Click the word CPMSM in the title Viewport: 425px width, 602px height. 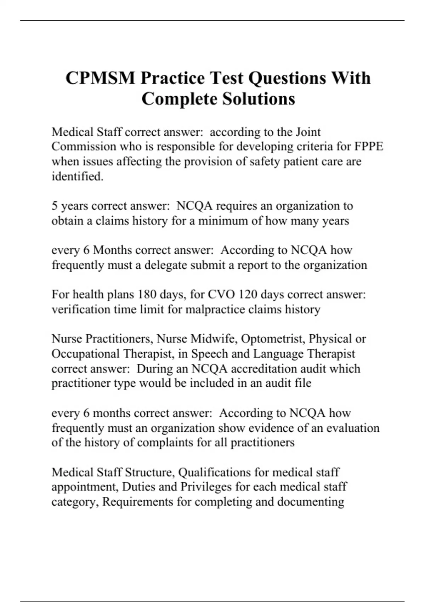pos(100,78)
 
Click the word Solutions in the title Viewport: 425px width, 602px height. pos(259,99)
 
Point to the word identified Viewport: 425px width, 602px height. pos(78,176)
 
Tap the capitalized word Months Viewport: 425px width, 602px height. pos(113,250)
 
